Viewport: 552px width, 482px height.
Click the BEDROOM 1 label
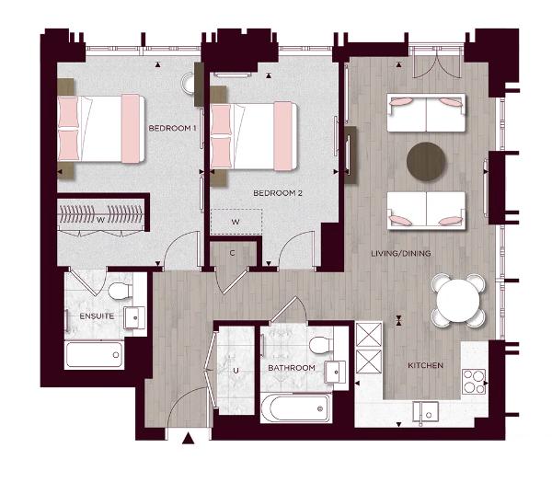[x=173, y=128]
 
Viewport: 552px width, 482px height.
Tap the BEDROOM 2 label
[x=278, y=193]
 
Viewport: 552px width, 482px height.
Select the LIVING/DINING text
[x=401, y=254]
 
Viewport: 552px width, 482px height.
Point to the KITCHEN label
[x=425, y=365]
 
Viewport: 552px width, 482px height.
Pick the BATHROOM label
[x=292, y=368]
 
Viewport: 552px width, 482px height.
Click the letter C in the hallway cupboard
[x=233, y=252]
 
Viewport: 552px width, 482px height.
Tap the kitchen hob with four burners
[x=474, y=379]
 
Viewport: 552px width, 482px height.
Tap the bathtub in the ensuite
[x=95, y=354]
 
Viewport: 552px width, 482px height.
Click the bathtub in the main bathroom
[x=294, y=407]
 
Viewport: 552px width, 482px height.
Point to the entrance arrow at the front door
[x=189, y=440]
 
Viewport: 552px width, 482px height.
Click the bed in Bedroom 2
[x=256, y=135]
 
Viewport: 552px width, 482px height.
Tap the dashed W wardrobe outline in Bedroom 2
[x=236, y=222]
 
